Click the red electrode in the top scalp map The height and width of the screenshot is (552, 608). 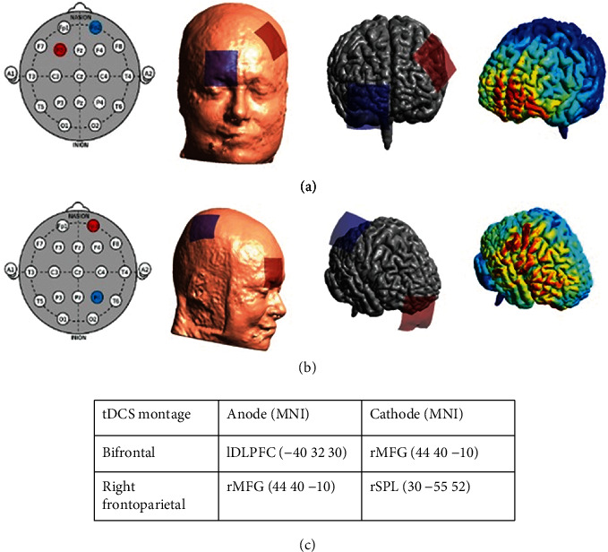pyautogui.click(x=60, y=49)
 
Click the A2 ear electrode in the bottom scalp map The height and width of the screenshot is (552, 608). pyautogui.click(x=149, y=270)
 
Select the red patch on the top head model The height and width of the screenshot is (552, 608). pyautogui.click(x=270, y=40)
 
